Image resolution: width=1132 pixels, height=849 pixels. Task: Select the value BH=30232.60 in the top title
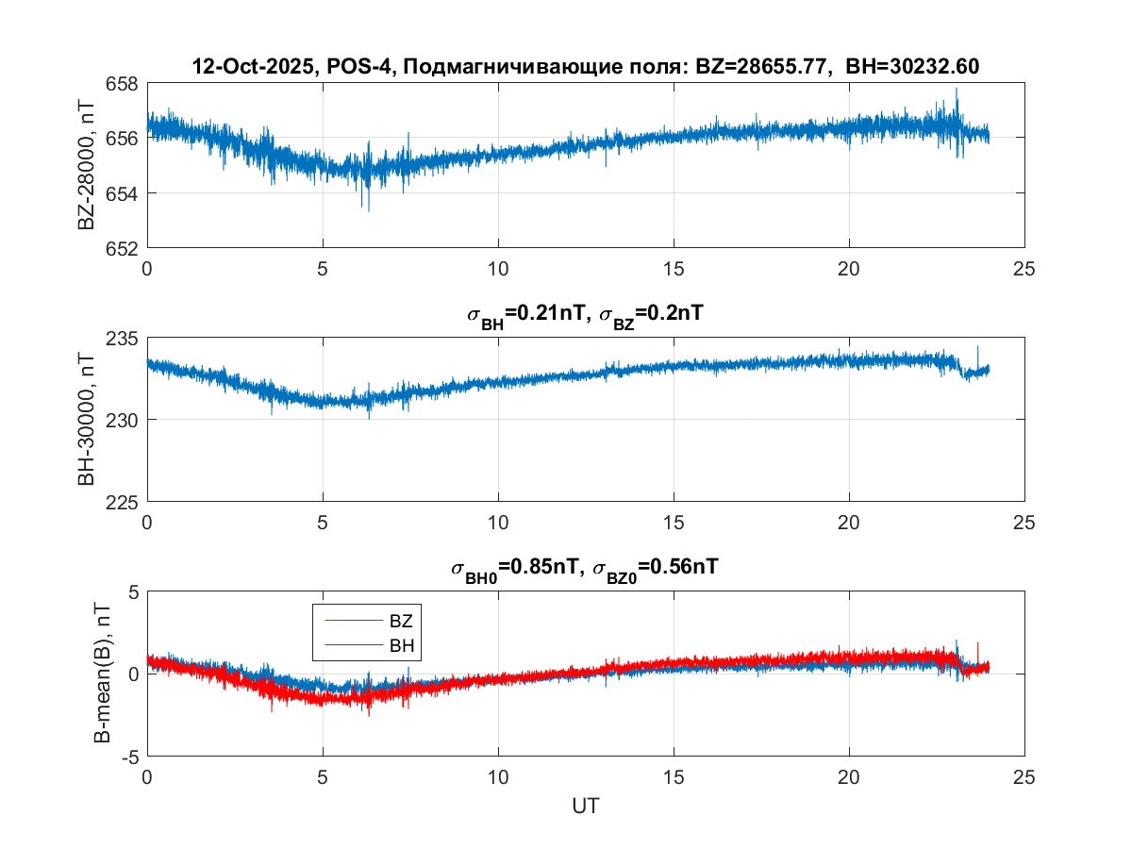pos(913,67)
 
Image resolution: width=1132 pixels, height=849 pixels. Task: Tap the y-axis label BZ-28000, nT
pos(87,166)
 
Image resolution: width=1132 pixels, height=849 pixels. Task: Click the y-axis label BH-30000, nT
pos(87,420)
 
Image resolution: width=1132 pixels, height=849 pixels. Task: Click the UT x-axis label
pos(586,807)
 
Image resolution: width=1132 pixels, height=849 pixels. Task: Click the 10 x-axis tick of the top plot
pos(498,268)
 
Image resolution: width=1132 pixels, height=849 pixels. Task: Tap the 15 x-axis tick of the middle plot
pos(674,523)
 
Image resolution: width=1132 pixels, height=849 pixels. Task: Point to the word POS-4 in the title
pos(353,67)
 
